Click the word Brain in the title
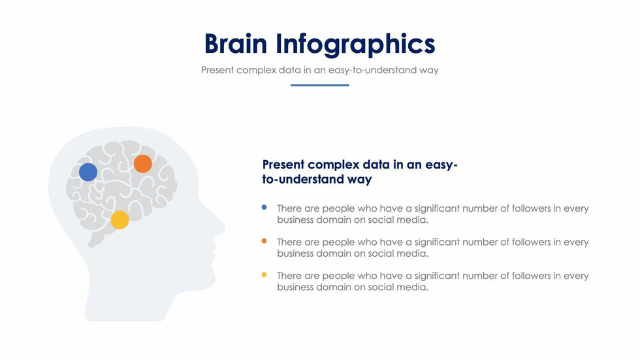pyautogui.click(x=236, y=43)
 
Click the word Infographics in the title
pyautogui.click(x=355, y=44)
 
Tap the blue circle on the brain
pyautogui.click(x=88, y=172)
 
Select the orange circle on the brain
pyautogui.click(x=143, y=164)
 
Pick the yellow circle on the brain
pyautogui.click(x=120, y=220)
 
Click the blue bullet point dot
pyautogui.click(x=264, y=207)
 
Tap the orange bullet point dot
pyautogui.click(x=264, y=241)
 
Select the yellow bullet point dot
pyautogui.click(x=264, y=274)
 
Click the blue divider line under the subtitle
pyautogui.click(x=319, y=86)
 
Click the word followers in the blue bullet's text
pyautogui.click(x=530, y=208)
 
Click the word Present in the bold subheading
pyautogui.click(x=283, y=165)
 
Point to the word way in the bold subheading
pyautogui.click(x=360, y=180)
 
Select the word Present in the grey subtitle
pyautogui.click(x=217, y=70)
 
